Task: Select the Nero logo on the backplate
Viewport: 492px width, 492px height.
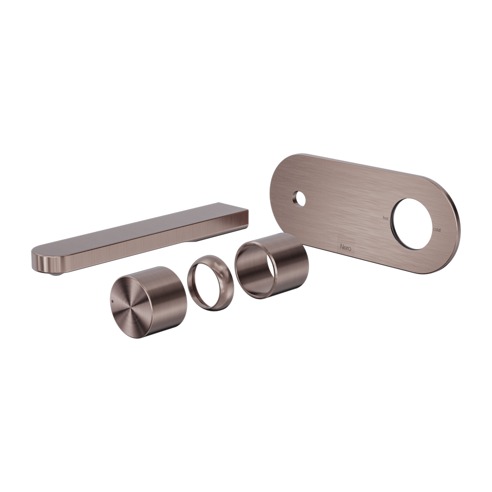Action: pyautogui.click(x=346, y=245)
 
